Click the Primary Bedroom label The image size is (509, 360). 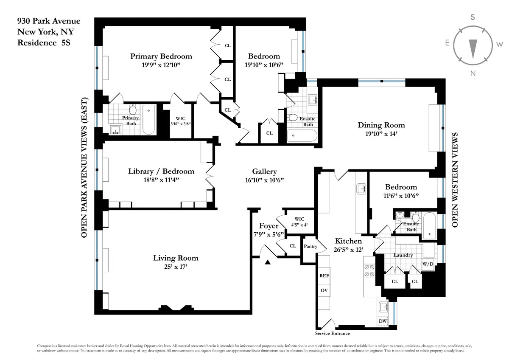(161, 56)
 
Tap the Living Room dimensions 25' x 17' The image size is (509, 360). (176, 267)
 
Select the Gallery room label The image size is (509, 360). (264, 172)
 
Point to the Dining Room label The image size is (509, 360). (381, 125)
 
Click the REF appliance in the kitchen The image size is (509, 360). (324, 276)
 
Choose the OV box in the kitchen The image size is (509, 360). (324, 291)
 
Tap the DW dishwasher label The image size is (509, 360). (382, 321)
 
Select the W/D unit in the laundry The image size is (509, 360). (428, 265)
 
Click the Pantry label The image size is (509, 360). (310, 246)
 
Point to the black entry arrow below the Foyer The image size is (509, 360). (268, 263)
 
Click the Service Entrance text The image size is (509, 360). (332, 333)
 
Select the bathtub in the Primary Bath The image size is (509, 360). (148, 119)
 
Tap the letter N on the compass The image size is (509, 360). (473, 73)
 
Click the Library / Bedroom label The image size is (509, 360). (161, 172)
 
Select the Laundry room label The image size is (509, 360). (403, 255)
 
